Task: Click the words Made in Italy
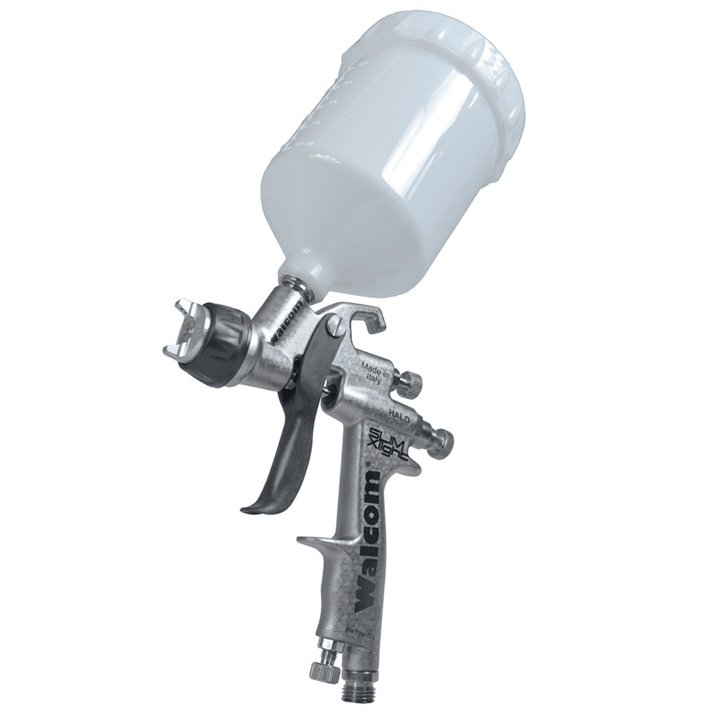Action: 375,371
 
